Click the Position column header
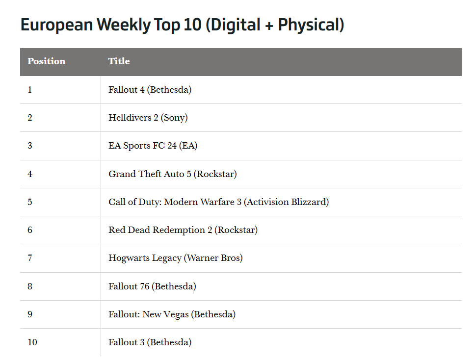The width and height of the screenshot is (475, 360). (x=46, y=61)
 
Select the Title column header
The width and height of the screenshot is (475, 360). (x=119, y=61)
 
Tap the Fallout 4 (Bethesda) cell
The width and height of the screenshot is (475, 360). (x=150, y=90)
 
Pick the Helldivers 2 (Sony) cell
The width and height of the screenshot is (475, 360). (x=148, y=118)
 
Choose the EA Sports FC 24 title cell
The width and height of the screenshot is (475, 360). (x=153, y=146)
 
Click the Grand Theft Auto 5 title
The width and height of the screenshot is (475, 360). (x=172, y=174)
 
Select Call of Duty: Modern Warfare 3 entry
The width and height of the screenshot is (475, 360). (x=218, y=202)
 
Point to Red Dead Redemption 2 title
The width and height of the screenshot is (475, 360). (x=183, y=230)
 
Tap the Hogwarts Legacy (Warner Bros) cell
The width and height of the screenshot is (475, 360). (x=175, y=258)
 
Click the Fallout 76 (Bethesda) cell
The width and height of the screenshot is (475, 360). (x=152, y=286)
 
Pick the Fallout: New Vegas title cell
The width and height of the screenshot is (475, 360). (x=172, y=314)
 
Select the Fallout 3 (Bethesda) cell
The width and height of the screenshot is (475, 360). (x=150, y=342)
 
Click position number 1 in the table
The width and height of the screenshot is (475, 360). (x=30, y=90)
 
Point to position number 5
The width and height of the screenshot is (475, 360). (x=30, y=202)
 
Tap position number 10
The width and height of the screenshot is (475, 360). (x=32, y=342)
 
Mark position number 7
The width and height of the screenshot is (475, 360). (x=30, y=258)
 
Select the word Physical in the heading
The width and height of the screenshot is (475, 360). (x=309, y=25)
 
